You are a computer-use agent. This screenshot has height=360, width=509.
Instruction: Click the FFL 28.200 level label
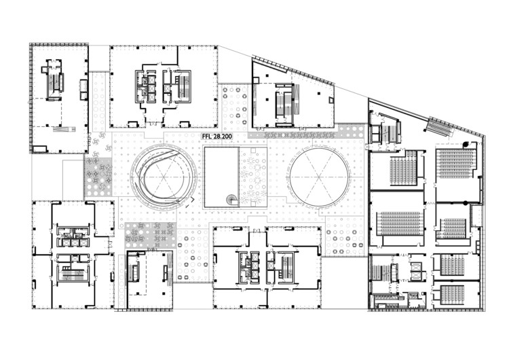coord(217,137)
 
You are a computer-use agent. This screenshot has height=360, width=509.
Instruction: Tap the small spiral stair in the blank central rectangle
coord(232,199)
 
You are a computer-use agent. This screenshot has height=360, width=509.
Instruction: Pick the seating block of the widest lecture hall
coord(400,223)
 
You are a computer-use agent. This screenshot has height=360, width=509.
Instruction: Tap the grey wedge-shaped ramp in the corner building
coord(64,129)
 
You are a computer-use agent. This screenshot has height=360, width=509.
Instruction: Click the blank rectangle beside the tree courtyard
coord(221,177)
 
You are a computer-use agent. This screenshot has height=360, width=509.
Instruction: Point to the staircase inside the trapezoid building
coord(282,103)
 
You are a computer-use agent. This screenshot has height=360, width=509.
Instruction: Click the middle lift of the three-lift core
coord(75,242)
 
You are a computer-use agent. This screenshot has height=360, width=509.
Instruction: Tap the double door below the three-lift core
coord(75,258)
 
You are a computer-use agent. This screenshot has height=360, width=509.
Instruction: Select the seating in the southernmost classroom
coord(452,294)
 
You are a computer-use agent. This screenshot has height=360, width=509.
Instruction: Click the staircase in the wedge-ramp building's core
coord(54,82)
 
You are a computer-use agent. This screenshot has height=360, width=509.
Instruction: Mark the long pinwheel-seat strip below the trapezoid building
coord(291,134)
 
